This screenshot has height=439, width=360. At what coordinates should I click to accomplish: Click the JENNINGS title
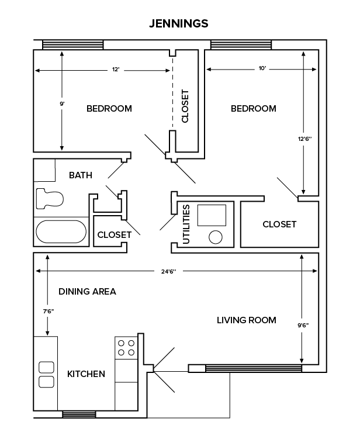pyautogui.click(x=179, y=24)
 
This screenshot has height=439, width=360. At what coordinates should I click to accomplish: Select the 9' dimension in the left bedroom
pyautogui.click(x=62, y=103)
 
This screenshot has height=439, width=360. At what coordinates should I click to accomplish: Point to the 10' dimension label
pyautogui.click(x=262, y=69)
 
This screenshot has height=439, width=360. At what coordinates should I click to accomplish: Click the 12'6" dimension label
pyautogui.click(x=304, y=139)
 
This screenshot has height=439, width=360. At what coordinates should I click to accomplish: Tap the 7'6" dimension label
pyautogui.click(x=47, y=312)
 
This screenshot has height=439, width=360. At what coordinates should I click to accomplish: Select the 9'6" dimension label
pyautogui.click(x=302, y=324)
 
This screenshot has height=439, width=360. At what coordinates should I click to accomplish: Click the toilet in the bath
pyautogui.click(x=49, y=198)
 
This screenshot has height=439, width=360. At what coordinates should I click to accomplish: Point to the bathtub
pyautogui.click(x=61, y=231)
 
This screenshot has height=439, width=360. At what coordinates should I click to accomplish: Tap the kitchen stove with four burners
pyautogui.click(x=126, y=348)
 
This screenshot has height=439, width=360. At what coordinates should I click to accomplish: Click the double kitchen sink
pyautogui.click(x=46, y=374)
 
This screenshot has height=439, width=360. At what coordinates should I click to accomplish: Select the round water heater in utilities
pyautogui.click(x=216, y=237)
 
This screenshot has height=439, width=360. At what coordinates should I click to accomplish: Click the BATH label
pyautogui.click(x=81, y=175)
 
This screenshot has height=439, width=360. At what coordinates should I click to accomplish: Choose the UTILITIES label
pyautogui.click(x=186, y=224)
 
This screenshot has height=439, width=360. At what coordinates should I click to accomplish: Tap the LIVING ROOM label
pyautogui.click(x=246, y=320)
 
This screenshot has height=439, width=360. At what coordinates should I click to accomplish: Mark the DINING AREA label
pyautogui.click(x=87, y=291)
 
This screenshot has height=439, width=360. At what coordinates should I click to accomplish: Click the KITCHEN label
pyautogui.click(x=86, y=374)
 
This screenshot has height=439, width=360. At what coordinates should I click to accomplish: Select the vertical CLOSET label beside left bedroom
pyautogui.click(x=185, y=106)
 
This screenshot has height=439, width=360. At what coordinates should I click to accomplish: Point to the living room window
pyautogui.click(x=254, y=368)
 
